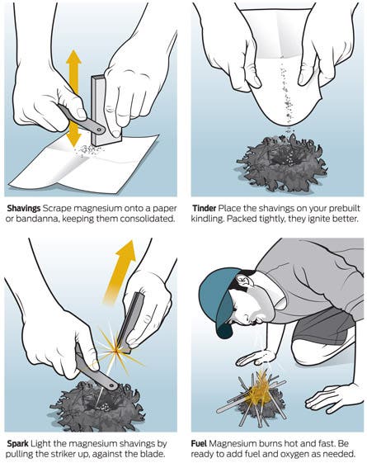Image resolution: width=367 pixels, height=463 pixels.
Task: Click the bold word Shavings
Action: [x=24, y=209]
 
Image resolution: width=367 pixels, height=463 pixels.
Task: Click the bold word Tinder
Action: [x=205, y=209]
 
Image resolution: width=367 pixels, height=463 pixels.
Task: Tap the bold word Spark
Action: [x=17, y=443]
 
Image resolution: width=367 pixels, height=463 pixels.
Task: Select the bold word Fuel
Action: [x=199, y=443]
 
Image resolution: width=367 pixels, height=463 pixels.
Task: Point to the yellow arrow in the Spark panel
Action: [x=120, y=273]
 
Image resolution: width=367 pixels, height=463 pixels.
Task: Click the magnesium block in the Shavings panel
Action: [x=106, y=109]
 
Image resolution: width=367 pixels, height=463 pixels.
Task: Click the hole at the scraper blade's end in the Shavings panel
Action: [x=101, y=130]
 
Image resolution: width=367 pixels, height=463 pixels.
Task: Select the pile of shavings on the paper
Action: [x=88, y=150]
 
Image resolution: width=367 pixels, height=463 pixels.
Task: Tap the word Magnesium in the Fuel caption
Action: [x=233, y=443]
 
